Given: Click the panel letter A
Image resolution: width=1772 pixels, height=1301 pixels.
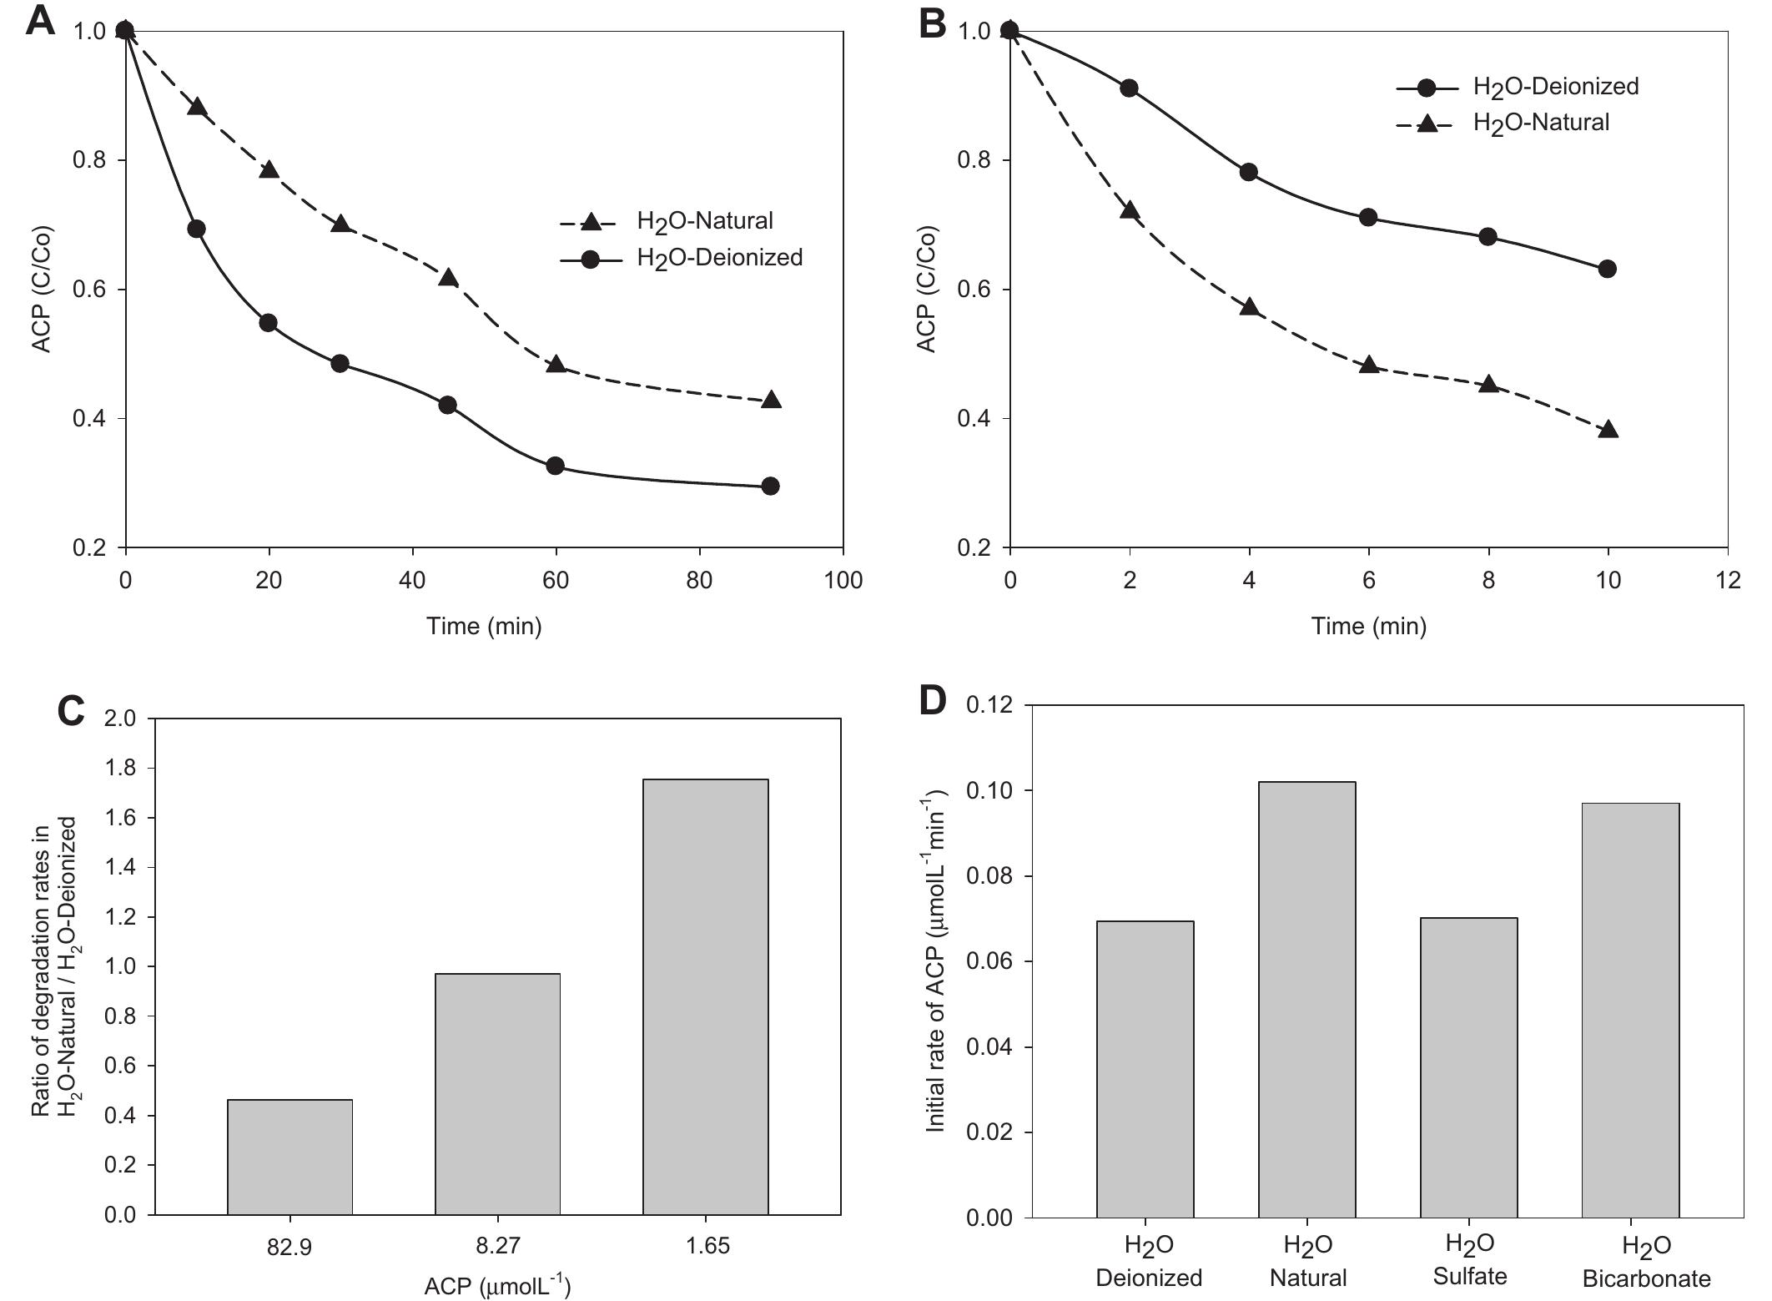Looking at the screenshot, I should click(40, 21).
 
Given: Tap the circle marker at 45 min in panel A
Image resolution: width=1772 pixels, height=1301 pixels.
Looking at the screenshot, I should click(447, 405).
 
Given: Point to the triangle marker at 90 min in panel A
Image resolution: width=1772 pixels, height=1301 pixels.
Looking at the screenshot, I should click(772, 401).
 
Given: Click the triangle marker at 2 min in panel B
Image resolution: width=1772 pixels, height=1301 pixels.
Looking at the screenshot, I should click(1130, 210).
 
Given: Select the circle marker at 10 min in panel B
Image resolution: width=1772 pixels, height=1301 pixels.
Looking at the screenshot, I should click(1608, 269).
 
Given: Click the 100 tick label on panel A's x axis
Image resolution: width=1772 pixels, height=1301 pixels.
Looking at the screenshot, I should click(843, 581).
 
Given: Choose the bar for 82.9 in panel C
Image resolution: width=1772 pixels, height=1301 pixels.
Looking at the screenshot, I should click(289, 1157).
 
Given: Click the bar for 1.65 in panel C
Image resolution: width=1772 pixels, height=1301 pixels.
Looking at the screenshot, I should click(705, 996).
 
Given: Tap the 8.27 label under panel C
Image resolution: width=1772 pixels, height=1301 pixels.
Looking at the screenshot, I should click(498, 1247).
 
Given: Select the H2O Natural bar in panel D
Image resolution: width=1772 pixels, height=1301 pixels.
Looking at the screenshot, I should click(1307, 999).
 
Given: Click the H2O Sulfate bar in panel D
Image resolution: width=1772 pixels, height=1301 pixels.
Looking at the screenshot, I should click(1469, 1067).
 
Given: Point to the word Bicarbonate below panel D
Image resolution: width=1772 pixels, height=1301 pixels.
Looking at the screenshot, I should click(1646, 1278).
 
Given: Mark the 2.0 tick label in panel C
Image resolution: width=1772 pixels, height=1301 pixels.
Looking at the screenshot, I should click(119, 719).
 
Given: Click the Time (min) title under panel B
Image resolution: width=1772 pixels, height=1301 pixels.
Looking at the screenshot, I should click(1368, 626).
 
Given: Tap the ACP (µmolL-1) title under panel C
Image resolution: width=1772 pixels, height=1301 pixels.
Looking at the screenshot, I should click(497, 1286).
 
